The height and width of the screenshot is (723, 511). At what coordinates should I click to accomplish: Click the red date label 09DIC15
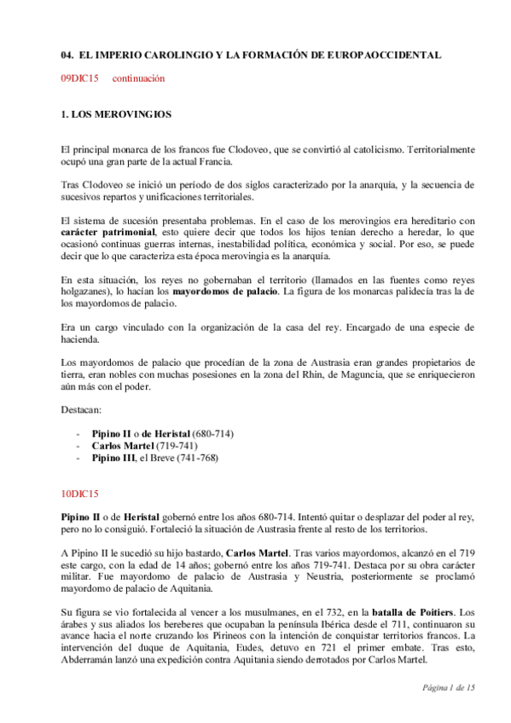click(x=80, y=78)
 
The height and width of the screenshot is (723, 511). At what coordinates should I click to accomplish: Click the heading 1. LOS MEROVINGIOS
click(x=118, y=113)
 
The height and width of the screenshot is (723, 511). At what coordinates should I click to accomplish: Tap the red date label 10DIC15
click(x=80, y=493)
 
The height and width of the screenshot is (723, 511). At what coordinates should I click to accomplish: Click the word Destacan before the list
click(x=82, y=409)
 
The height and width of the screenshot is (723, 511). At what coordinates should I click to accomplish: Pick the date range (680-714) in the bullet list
click(x=212, y=433)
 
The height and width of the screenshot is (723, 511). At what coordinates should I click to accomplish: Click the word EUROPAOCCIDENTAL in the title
click(x=389, y=55)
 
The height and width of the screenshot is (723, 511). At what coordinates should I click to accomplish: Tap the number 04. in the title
click(x=68, y=55)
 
